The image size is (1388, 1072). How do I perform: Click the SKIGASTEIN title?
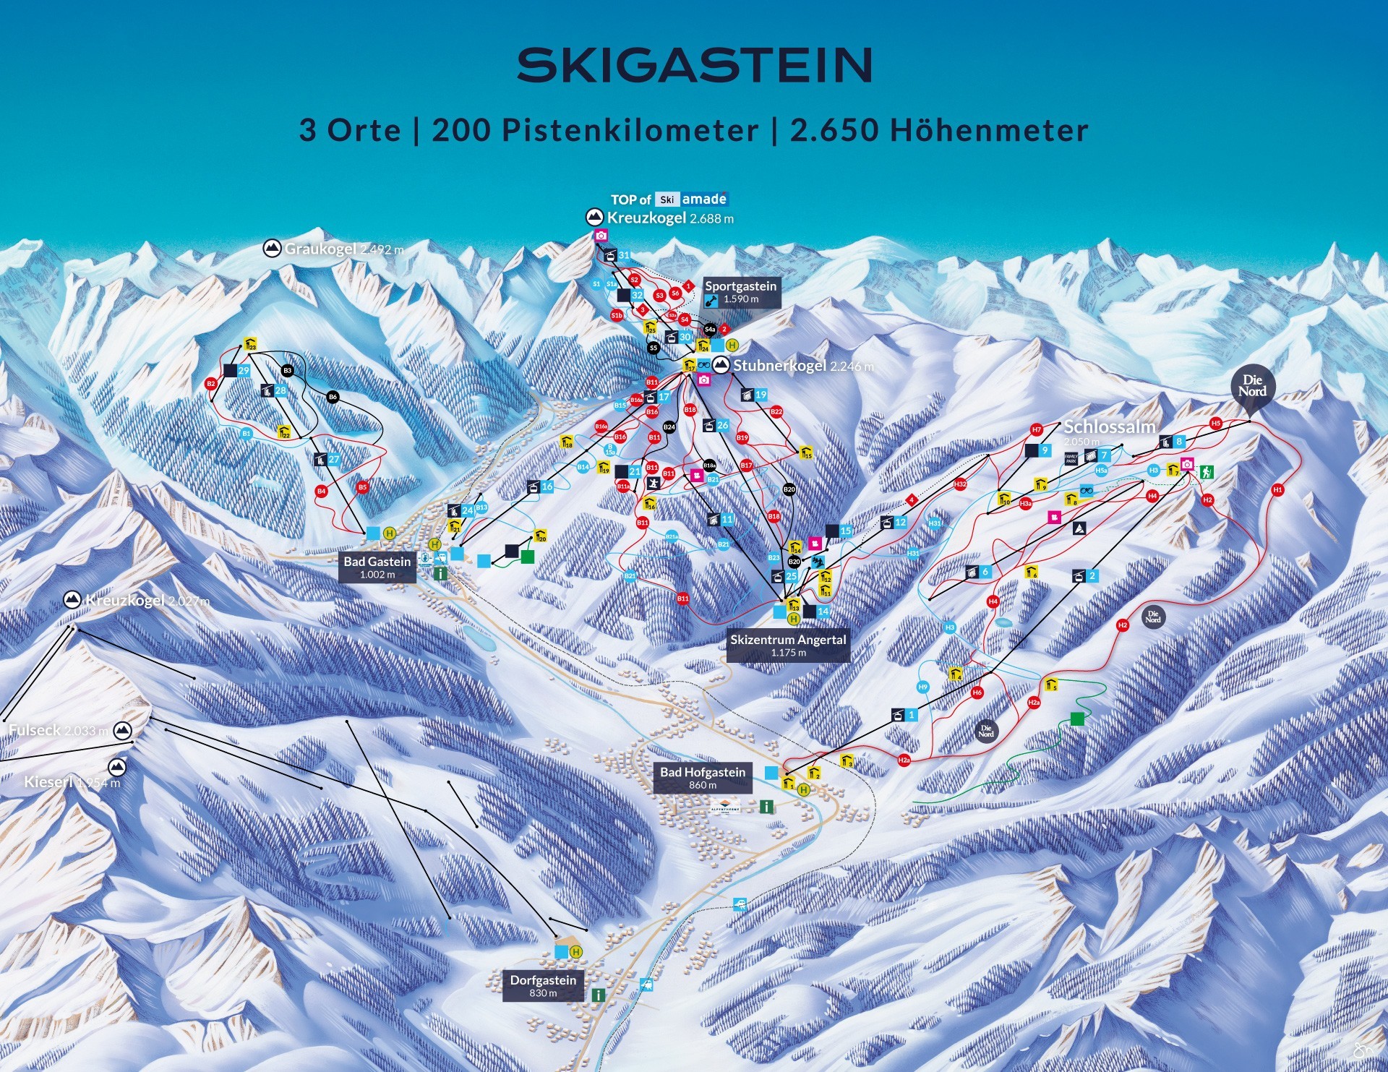[694, 65]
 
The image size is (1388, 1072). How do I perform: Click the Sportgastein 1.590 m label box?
[740, 292]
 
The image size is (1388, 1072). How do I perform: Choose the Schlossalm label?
[1109, 427]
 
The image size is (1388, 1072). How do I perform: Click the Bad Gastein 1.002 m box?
[377, 567]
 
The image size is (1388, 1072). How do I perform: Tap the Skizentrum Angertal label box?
[787, 645]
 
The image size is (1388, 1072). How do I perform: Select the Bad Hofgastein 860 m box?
[702, 777]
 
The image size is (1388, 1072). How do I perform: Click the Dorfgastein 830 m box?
[543, 985]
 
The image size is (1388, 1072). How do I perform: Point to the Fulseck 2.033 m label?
[58, 730]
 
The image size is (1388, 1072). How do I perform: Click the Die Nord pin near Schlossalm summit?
[1252, 387]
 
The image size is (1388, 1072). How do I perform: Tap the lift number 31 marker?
[624, 255]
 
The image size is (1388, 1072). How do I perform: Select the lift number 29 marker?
[244, 371]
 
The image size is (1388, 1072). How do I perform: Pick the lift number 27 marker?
[333, 459]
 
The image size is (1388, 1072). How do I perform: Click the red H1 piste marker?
[1277, 489]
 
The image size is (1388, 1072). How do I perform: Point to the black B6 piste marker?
[333, 397]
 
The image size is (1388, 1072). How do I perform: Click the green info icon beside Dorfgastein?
[598, 995]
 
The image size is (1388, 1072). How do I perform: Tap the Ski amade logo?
[692, 199]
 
